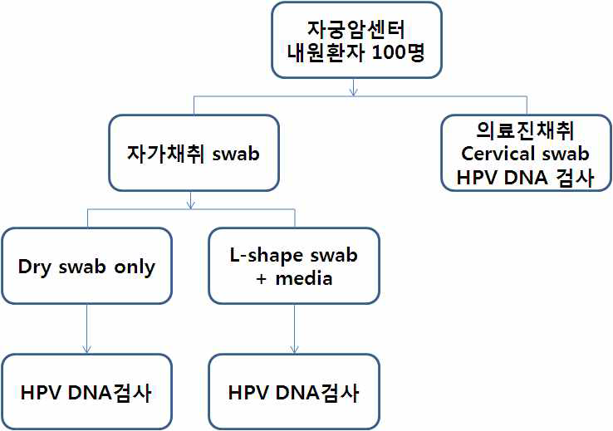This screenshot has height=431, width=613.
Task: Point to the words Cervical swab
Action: coord(525,154)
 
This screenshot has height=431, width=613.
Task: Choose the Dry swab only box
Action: coord(86,265)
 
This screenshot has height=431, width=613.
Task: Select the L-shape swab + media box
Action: coord(294,265)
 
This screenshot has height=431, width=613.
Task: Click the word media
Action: coord(303,277)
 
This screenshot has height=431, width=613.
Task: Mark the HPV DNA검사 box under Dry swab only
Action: coord(86,391)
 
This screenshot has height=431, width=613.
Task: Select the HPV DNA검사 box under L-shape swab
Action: coord(294,391)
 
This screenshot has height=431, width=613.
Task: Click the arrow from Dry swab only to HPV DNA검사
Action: coord(87,328)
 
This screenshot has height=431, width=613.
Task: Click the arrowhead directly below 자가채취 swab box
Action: coord(192,203)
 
